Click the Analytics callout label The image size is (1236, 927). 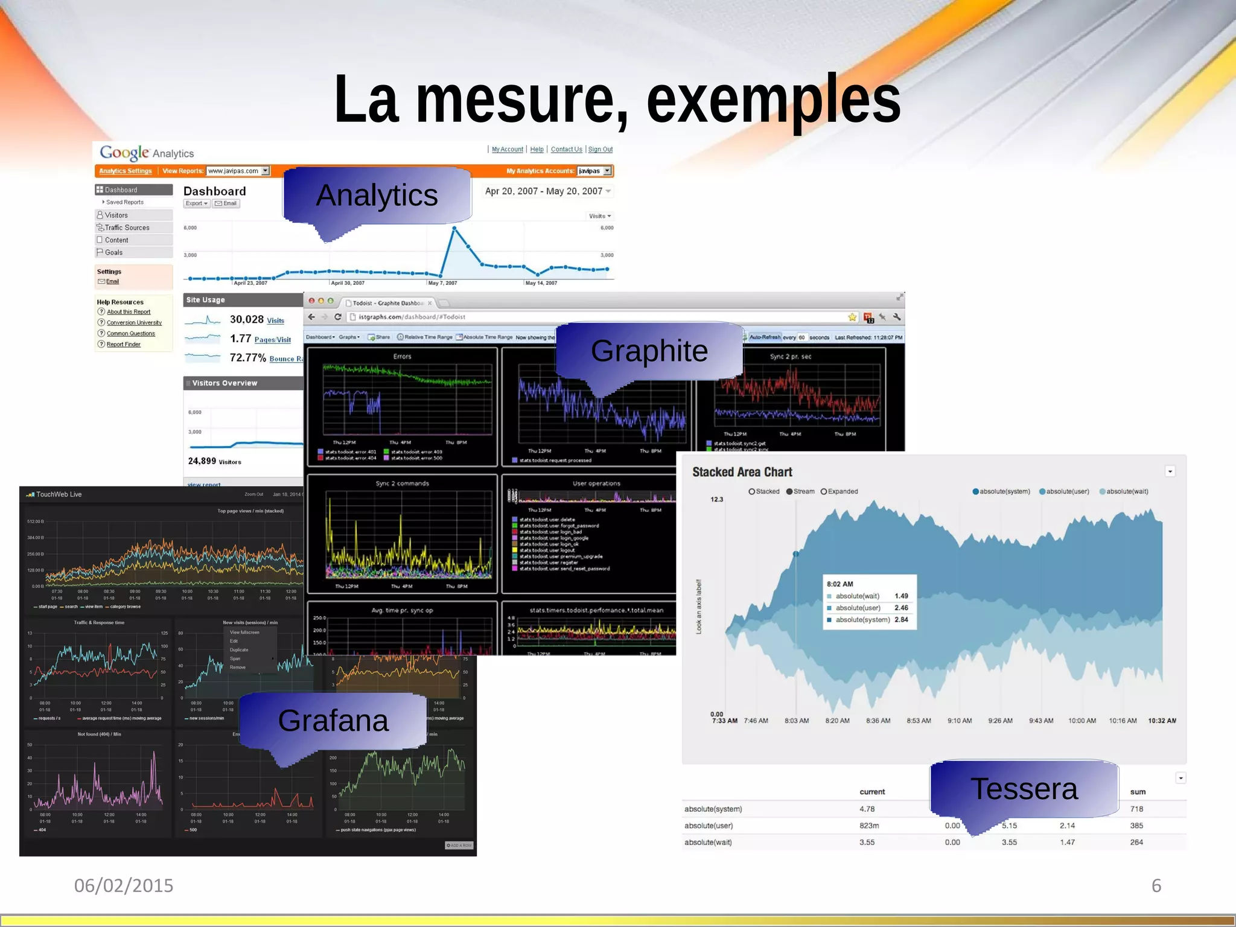(x=377, y=196)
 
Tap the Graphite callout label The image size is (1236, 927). (x=649, y=351)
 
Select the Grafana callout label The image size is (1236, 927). (x=333, y=721)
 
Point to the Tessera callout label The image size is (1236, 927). (x=1024, y=789)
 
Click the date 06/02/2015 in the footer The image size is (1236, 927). (x=124, y=885)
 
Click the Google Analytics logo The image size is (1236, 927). (x=147, y=153)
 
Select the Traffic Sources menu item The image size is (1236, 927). (x=127, y=228)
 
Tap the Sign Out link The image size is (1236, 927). (x=600, y=150)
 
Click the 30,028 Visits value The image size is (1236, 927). (x=256, y=320)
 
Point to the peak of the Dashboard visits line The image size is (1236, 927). (x=454, y=228)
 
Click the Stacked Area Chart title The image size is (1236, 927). (x=742, y=472)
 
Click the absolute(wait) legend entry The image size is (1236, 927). (x=1123, y=491)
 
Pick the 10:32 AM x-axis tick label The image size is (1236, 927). (x=1162, y=721)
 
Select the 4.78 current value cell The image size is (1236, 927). (x=867, y=809)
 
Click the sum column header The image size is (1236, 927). (x=1138, y=792)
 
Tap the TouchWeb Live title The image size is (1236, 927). (x=59, y=494)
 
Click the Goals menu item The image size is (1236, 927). (x=113, y=252)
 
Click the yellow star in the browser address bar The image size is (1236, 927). (x=852, y=317)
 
